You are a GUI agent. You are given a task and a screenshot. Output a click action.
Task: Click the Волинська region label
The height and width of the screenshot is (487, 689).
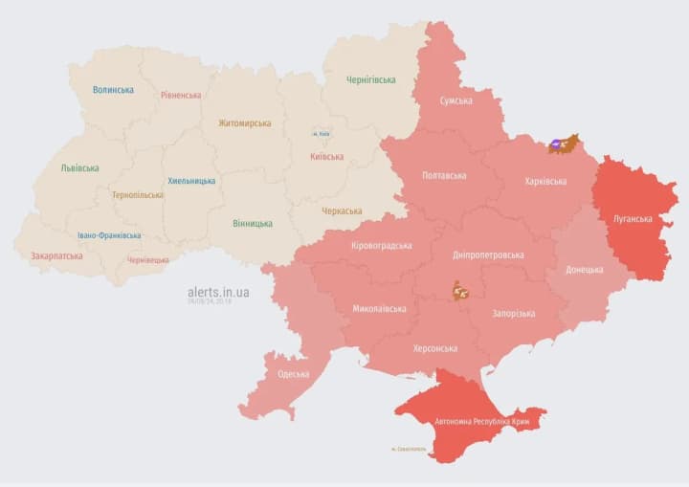pyautogui.click(x=113, y=90)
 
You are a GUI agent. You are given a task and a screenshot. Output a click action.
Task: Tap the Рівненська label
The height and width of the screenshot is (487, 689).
pyautogui.click(x=181, y=95)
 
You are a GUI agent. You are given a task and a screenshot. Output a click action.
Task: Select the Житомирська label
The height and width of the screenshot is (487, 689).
pyautogui.click(x=244, y=122)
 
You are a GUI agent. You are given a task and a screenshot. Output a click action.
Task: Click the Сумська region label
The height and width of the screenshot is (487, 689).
pyautogui.click(x=456, y=100)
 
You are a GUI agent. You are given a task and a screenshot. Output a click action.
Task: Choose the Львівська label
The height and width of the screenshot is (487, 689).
pyautogui.click(x=79, y=167)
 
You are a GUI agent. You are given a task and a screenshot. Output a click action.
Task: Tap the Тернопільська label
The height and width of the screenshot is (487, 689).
pyautogui.click(x=138, y=194)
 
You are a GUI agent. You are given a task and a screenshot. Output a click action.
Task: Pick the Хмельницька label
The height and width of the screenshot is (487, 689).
pyautogui.click(x=191, y=180)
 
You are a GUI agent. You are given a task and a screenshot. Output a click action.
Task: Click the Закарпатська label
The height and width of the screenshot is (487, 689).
pyautogui.click(x=56, y=255)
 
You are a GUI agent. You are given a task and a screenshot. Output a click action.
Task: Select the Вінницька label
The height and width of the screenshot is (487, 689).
pyautogui.click(x=252, y=223)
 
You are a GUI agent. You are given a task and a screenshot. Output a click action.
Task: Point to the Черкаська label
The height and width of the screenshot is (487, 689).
pyautogui.click(x=342, y=210)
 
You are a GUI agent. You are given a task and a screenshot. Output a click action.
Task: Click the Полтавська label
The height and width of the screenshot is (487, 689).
pyautogui.click(x=445, y=176)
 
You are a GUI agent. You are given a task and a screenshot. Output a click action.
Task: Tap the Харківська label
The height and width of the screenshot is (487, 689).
pyautogui.click(x=545, y=181)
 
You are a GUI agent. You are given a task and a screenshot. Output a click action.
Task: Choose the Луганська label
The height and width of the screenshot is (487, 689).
pyautogui.click(x=633, y=219)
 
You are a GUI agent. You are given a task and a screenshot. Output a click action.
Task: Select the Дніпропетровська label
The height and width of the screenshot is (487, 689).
pyautogui.click(x=489, y=255)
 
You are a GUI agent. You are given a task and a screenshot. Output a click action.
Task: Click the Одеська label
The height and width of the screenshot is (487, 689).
pyautogui.click(x=293, y=373)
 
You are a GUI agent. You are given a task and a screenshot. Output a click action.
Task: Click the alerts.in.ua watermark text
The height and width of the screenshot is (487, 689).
pyautogui.click(x=218, y=291)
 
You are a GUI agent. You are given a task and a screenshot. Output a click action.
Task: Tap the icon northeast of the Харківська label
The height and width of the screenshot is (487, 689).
pyautogui.click(x=563, y=144)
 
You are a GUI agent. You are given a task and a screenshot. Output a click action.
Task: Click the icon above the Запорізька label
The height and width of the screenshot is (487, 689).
pyautogui.click(x=461, y=290)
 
